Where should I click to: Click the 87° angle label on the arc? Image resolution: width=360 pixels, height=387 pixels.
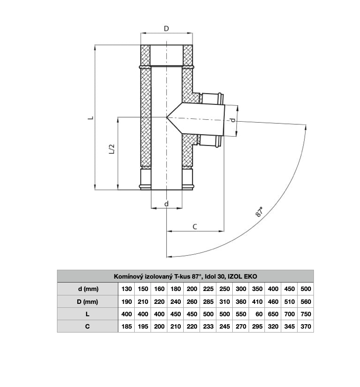(x=259, y=212)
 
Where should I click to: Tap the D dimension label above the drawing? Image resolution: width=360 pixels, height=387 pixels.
(x=166, y=29)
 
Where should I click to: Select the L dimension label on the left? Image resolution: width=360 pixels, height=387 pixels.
(x=91, y=117)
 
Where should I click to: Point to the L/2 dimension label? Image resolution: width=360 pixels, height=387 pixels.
(x=112, y=149)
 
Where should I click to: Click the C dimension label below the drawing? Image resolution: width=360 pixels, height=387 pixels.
(x=195, y=227)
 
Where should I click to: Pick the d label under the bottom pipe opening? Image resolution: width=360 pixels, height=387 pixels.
(x=166, y=204)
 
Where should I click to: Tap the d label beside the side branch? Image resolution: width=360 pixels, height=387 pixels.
(x=233, y=120)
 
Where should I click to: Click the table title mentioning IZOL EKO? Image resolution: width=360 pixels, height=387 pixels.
(x=185, y=277)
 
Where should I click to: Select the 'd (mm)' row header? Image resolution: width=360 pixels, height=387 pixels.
(x=88, y=289)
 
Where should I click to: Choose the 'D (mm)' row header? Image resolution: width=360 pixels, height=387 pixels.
(x=88, y=301)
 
